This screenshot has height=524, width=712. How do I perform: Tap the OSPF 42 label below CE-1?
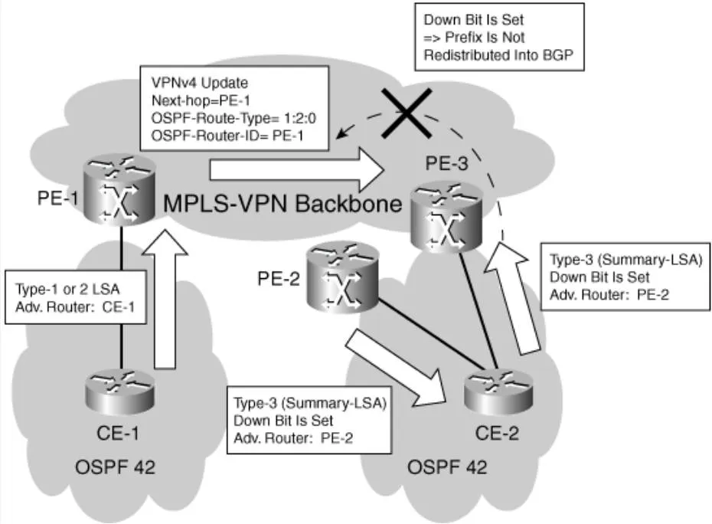(x=115, y=467)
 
